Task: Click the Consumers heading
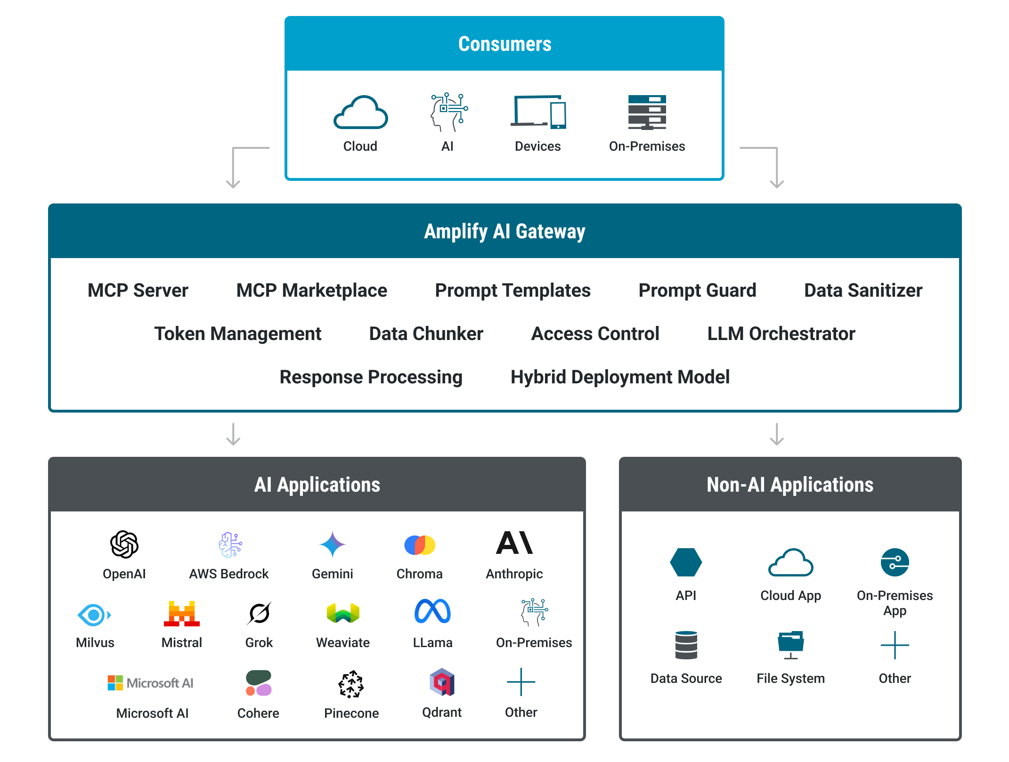pos(504,44)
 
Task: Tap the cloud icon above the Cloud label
pos(361,113)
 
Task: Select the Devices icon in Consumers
pos(538,112)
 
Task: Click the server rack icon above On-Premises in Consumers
pos(647,112)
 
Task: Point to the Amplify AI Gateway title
pos(504,231)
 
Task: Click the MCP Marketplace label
pos(311,290)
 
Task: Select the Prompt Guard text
pos(697,290)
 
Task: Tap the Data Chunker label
pos(426,333)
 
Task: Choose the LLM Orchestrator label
pos(781,333)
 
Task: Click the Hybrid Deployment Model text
pos(620,377)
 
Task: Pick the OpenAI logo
pos(124,544)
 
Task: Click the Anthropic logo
pos(514,543)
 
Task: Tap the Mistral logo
pos(182,613)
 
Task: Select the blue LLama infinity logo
pos(432,611)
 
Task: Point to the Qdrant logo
pos(442,682)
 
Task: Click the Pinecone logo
pos(351,684)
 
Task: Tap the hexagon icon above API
pos(686,562)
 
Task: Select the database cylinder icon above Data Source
pos(686,645)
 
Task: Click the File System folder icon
pos(791,645)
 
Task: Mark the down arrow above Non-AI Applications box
pos(777,434)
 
